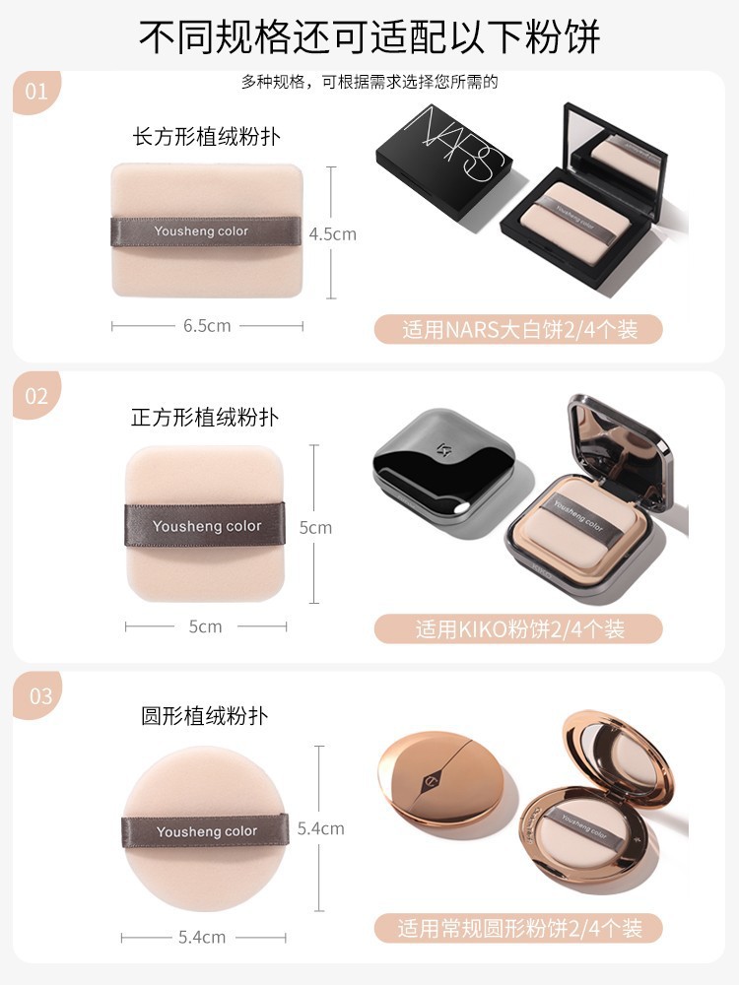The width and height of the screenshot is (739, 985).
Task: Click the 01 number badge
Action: tap(35, 92)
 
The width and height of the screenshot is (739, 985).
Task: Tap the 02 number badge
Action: tap(35, 396)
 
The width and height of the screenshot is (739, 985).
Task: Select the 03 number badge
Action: tap(39, 695)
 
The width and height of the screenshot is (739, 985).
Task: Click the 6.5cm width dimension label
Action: tap(207, 326)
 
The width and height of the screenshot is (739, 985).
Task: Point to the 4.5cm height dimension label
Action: tap(332, 234)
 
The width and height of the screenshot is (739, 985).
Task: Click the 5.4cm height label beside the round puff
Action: tap(320, 828)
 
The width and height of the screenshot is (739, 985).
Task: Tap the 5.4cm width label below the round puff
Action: tap(202, 938)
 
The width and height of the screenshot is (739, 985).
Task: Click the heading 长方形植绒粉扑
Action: tap(206, 136)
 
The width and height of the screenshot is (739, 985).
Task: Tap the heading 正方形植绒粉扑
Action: tap(205, 417)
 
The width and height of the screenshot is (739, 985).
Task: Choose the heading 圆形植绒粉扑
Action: tap(205, 716)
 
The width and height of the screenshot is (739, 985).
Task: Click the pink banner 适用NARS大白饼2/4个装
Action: tap(518, 329)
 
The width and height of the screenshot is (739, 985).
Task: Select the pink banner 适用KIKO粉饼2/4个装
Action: tap(518, 628)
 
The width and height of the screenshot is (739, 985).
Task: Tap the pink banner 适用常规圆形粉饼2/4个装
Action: tap(518, 929)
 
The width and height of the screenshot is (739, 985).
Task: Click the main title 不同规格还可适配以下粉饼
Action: tap(369, 36)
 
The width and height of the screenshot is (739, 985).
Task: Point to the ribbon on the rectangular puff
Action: tap(206, 231)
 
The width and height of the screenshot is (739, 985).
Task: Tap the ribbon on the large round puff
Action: tap(206, 831)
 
